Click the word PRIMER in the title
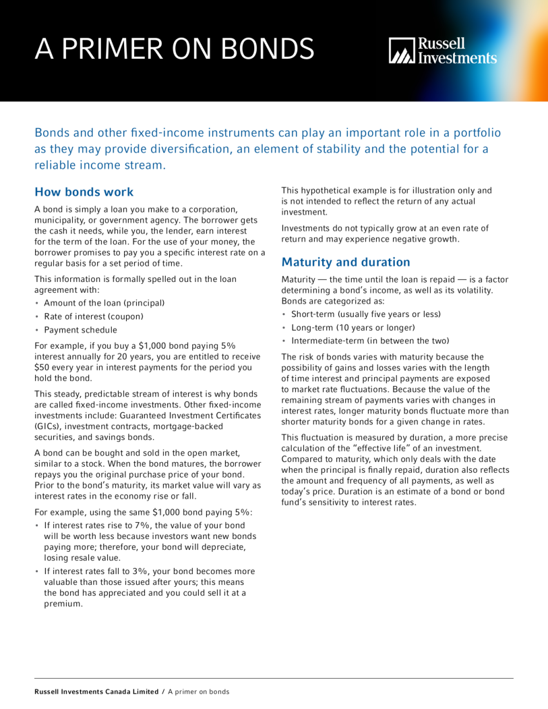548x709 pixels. click(x=122, y=49)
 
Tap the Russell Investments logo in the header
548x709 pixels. click(x=443, y=51)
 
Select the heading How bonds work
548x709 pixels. click(x=84, y=192)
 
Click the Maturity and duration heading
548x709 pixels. click(x=345, y=262)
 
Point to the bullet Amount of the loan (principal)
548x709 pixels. click(x=104, y=303)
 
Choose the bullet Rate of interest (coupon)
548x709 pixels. click(x=94, y=316)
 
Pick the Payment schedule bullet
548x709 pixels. click(x=80, y=330)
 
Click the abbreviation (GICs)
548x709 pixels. click(x=48, y=427)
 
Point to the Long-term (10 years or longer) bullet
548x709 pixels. click(x=353, y=327)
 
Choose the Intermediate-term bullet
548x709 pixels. click(x=370, y=341)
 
